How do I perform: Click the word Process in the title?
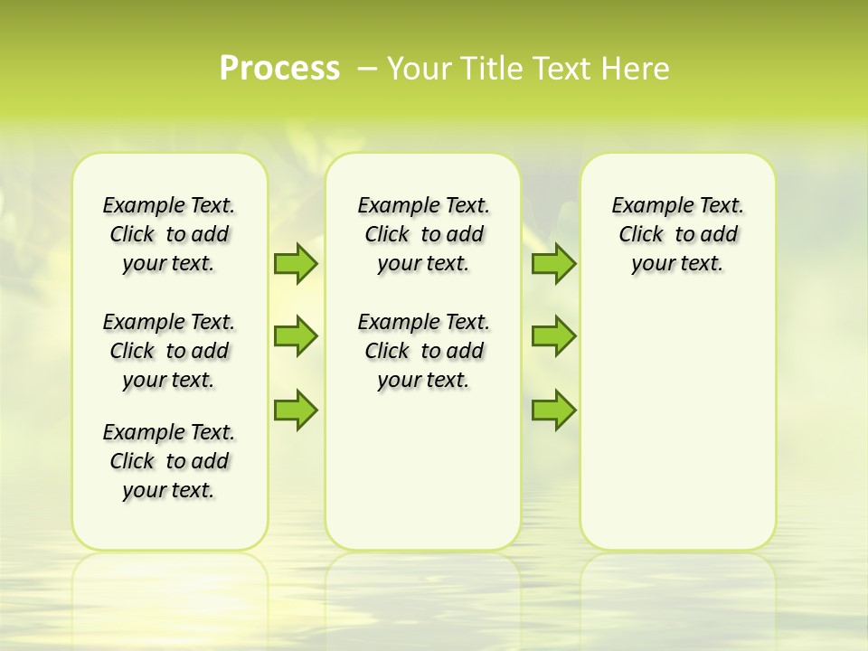coord(279,68)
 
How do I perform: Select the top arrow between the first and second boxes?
coord(296,263)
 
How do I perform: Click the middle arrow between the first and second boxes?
coord(296,336)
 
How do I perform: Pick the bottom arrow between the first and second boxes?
coord(296,410)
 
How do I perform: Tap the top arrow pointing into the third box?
coord(553,263)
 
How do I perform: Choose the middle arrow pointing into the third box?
coord(553,336)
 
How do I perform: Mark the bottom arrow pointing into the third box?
coord(553,410)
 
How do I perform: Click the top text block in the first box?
coord(169,234)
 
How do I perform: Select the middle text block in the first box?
coord(169,351)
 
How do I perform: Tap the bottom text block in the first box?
coord(169,461)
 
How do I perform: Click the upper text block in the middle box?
coord(423,234)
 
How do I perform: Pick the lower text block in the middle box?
coord(423,351)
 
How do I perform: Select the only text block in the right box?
coord(677,234)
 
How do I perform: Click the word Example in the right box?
coord(649,206)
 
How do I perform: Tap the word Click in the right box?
coord(641,235)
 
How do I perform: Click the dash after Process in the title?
coord(367,69)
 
